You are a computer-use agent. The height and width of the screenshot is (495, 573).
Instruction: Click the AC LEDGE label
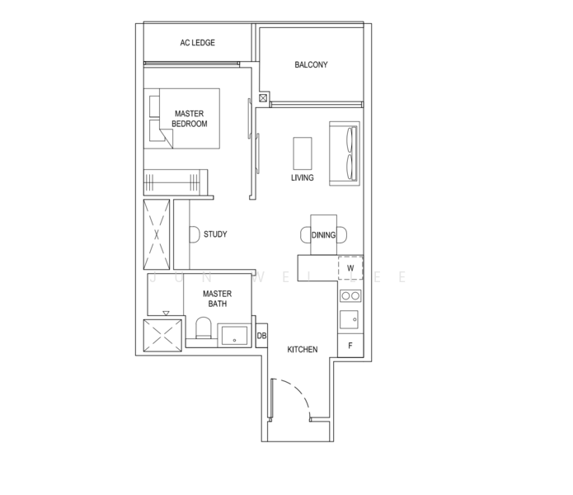[x=197, y=43]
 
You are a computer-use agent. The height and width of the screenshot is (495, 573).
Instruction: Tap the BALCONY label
[x=311, y=64]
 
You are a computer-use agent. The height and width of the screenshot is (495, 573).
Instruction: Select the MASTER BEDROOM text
[x=190, y=119]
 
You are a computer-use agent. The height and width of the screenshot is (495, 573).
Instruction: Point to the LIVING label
[x=303, y=177]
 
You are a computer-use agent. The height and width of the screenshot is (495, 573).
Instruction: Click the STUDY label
[x=215, y=234]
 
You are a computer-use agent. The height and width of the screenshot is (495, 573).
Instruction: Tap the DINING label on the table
[x=323, y=235]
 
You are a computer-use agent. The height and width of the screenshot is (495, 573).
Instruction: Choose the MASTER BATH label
[x=217, y=299]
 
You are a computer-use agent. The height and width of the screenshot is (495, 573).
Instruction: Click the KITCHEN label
[x=303, y=350]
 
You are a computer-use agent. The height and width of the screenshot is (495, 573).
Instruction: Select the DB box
[x=261, y=336]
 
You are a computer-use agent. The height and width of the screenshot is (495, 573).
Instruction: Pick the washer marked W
[x=350, y=268]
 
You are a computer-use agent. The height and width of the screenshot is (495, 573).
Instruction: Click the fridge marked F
[x=350, y=346]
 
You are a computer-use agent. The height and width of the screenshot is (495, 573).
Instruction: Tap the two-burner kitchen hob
[x=350, y=295]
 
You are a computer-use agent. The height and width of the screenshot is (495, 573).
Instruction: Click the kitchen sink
[x=349, y=319]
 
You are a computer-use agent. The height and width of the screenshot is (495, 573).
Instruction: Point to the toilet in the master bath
[x=204, y=328]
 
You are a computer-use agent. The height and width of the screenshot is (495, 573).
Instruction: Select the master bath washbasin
[x=234, y=335]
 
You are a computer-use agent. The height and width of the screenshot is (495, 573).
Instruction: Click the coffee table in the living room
[x=303, y=153]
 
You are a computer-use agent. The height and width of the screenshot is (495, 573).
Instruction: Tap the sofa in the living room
[x=345, y=153]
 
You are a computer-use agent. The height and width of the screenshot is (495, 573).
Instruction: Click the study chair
[x=195, y=234]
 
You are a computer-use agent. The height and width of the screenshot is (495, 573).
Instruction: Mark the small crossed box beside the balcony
[x=263, y=98]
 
